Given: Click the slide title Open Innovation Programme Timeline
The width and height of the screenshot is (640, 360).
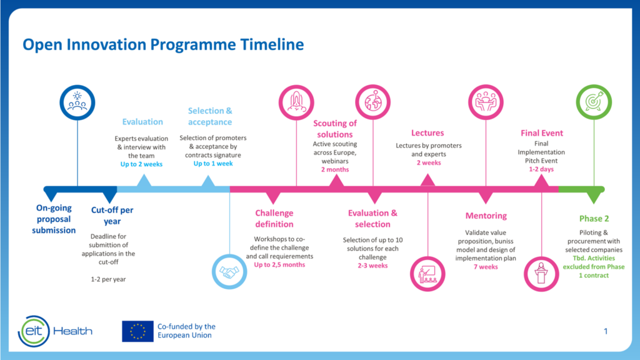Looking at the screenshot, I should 163,44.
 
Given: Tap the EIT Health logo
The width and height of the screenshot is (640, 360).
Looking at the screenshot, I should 55,330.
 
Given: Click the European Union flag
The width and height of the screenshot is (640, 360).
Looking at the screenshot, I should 137,331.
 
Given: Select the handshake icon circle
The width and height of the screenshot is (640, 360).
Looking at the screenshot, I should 230,272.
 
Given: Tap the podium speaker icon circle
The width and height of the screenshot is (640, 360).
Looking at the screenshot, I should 541,272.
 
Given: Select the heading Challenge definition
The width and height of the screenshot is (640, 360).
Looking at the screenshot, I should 274,219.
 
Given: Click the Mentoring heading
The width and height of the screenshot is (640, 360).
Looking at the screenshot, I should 486,216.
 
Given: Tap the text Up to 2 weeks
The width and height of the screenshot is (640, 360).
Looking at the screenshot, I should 142,164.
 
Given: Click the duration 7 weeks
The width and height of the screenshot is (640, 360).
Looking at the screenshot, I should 486,267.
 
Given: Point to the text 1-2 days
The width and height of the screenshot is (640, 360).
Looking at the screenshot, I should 541,169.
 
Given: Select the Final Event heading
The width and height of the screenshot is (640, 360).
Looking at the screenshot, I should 541,132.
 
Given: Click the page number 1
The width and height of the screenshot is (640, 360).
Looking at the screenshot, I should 605,331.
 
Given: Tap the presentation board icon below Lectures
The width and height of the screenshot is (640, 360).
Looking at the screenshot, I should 427,272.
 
